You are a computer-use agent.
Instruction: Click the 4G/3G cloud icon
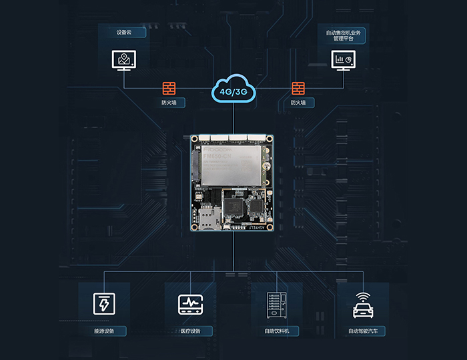pos(233,91)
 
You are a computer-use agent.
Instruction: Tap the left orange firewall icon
pos(169,87)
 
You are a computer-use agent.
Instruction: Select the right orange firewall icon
pos(298,87)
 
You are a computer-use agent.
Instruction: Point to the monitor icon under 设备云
pos(123,61)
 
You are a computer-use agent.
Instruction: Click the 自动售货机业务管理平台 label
pos(343,35)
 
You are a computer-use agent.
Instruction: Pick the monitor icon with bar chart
pos(343,61)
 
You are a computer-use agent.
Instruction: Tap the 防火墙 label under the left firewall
pos(169,103)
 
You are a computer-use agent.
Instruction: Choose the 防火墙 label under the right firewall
pos(298,103)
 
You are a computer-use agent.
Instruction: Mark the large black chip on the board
pos(233,206)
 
